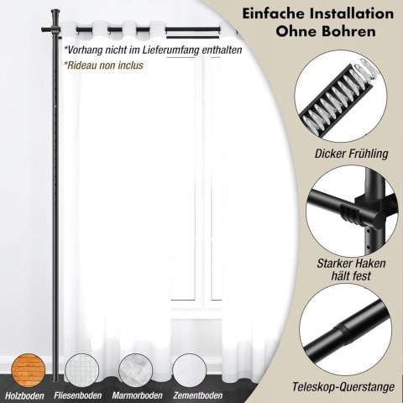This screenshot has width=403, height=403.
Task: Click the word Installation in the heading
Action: pos(342,14)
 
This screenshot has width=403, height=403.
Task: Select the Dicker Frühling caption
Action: pos(352,154)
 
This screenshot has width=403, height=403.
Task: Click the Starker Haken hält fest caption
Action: pos(351,270)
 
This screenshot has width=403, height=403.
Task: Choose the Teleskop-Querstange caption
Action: pos(343,387)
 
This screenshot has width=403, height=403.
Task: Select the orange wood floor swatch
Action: pos(28,370)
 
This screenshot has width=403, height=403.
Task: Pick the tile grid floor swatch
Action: pos(81,370)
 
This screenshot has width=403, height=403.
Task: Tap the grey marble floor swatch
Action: pos(135,370)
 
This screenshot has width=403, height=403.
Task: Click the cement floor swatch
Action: pos(190,370)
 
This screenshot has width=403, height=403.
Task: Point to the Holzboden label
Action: pos(25,395)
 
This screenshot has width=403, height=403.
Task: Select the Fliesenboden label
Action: pos(78,395)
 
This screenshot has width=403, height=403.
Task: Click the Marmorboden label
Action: pos(137,395)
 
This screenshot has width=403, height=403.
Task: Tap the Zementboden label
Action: pos(198,395)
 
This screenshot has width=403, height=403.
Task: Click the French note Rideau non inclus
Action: pos(103,65)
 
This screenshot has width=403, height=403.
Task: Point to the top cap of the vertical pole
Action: pos(55,13)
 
